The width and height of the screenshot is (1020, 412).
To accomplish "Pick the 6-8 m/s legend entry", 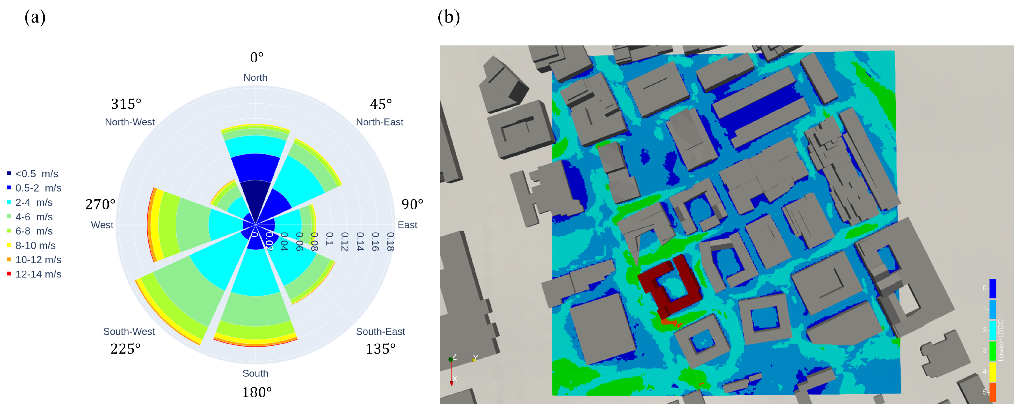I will (34, 231).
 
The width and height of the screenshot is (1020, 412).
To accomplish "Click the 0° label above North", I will (257, 58).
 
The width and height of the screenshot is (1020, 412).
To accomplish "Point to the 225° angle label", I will (125, 349).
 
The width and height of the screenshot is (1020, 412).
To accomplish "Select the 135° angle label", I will (380, 349).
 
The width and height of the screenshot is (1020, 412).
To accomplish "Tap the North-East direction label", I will (379, 122).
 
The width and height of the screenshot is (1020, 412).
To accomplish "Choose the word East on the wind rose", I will (407, 225).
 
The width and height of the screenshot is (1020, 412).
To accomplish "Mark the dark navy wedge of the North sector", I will (255, 198).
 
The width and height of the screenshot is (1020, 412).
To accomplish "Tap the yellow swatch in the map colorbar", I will (993, 372).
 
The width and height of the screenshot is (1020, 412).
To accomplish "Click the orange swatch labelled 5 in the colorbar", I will (993, 392).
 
